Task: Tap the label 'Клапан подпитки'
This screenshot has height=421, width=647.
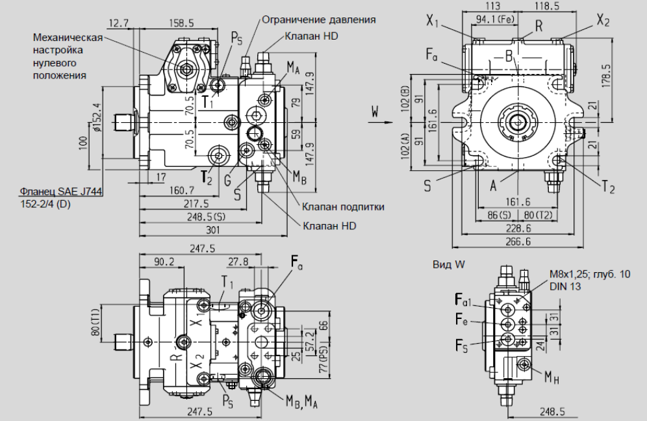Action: point(342,207)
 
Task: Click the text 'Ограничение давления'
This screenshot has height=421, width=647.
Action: point(319,19)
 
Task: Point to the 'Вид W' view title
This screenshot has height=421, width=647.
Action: point(449,264)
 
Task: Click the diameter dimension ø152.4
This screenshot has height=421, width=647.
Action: point(97,118)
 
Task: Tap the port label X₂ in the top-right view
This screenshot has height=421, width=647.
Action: point(603,21)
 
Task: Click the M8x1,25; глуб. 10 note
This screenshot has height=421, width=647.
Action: point(590,275)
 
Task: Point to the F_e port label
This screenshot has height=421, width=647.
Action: point(462,320)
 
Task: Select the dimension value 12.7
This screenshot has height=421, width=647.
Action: point(118,23)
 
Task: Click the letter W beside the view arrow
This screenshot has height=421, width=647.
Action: point(374,113)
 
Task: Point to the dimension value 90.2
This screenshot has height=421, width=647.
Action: point(164,262)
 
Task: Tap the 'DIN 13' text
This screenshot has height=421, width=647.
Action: point(563,286)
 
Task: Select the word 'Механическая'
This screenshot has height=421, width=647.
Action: point(68,37)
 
